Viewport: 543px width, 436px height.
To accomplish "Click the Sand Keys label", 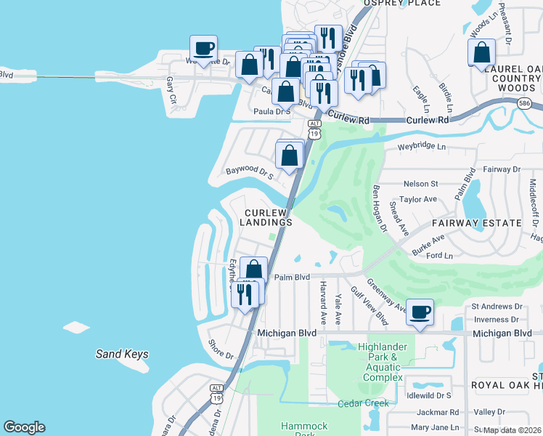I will (x=122, y=355).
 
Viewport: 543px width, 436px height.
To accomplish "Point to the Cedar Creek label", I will (x=363, y=403).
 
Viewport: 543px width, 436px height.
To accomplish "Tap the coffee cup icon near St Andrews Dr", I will (x=420, y=312).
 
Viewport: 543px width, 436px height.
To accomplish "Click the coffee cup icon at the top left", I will (x=203, y=49).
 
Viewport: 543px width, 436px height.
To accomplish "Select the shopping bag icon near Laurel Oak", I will (x=481, y=52).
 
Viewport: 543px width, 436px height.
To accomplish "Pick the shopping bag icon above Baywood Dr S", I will (x=290, y=155).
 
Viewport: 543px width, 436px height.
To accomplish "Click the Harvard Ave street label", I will (x=322, y=304).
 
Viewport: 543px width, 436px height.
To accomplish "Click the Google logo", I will (x=24, y=427).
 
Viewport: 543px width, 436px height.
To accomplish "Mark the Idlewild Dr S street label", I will (x=429, y=395).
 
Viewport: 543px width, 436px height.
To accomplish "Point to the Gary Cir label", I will (x=171, y=90).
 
